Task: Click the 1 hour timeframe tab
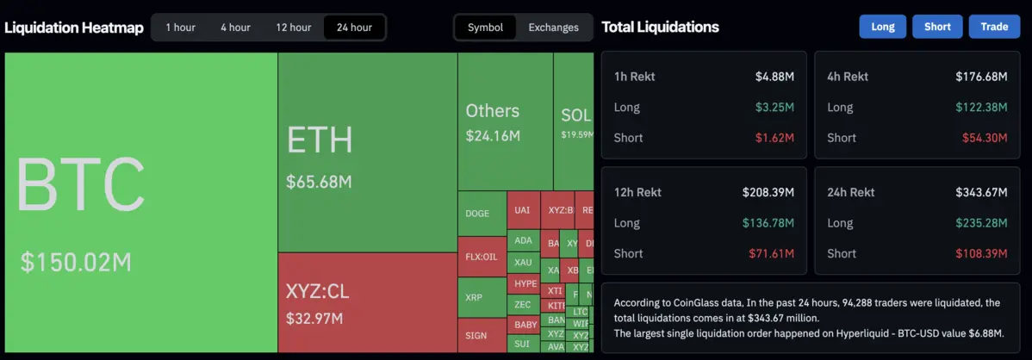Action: coord(180,27)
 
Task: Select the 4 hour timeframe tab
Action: coord(235,27)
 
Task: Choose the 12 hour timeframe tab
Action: coord(294,27)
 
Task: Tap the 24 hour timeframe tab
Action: coord(354,27)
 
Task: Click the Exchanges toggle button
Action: coord(553,27)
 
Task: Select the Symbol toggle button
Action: coord(485,27)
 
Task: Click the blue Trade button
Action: coord(994,27)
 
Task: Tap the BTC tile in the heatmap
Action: coord(140,202)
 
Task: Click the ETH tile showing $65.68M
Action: coord(367,152)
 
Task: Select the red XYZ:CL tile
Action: coord(367,302)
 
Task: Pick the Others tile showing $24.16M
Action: coord(505,121)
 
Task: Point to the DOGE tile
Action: coord(482,214)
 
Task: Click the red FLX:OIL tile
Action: coord(482,256)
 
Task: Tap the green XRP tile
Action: coord(482,297)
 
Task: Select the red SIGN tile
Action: coord(482,335)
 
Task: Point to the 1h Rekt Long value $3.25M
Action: coord(774,108)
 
